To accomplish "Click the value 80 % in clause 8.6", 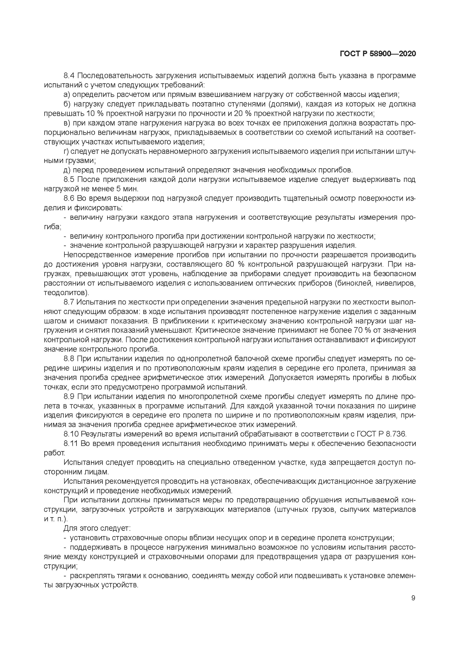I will pos(235,265).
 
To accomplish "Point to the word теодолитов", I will pos(65,293).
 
